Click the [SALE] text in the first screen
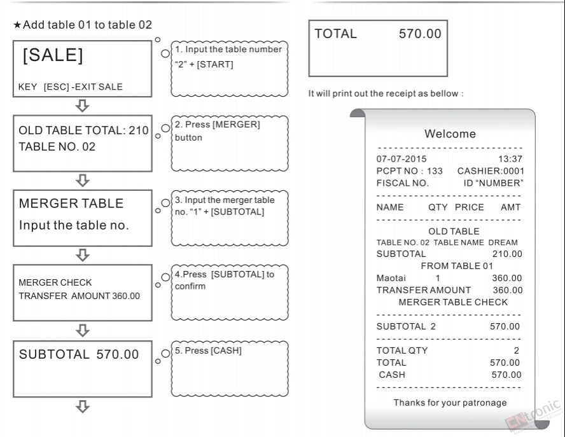[x=53, y=55]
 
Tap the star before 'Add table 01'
[x=17, y=25]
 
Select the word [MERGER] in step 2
[x=236, y=124]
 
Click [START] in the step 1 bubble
[x=215, y=64]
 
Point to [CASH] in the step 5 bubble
[x=226, y=350]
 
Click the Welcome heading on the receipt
[x=450, y=134]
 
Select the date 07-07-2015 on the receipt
[x=401, y=159]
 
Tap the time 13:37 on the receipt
[x=510, y=159]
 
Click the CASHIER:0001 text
[x=491, y=171]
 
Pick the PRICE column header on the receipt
[x=469, y=207]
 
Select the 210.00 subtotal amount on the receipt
[x=507, y=254]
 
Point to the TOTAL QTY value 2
[x=517, y=350]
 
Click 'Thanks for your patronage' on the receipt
[x=450, y=403]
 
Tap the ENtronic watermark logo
[x=533, y=415]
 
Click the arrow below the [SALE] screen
[x=83, y=106]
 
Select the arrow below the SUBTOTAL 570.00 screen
[x=83, y=406]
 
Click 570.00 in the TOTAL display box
[x=420, y=34]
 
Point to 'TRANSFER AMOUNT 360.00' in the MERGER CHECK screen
[x=80, y=296]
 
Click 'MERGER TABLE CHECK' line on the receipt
[x=453, y=302]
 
